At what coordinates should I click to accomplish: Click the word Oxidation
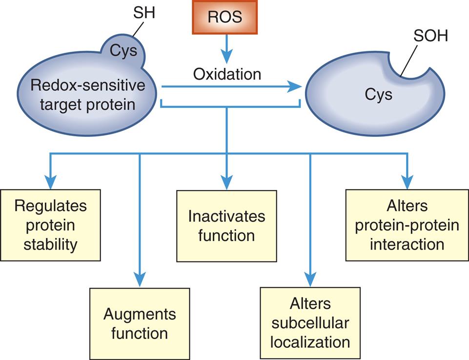point(227,74)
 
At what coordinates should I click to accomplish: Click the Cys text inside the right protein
point(378,94)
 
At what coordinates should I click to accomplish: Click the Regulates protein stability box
point(50,225)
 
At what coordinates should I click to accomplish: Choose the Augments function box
point(140,324)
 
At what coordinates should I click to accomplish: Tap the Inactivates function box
point(226,225)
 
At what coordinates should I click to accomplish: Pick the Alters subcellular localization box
point(310,323)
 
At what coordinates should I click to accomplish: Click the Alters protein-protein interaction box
point(407,225)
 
